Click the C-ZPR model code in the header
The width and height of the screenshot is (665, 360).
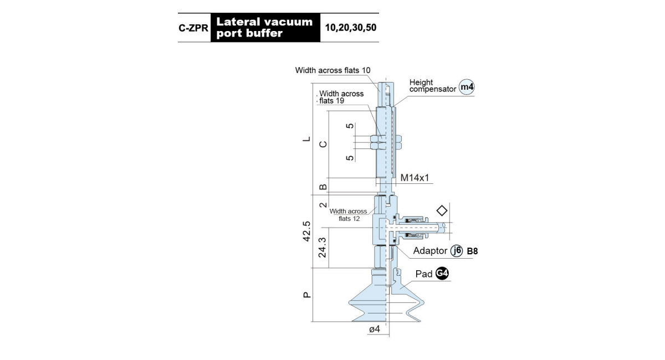tap(193, 28)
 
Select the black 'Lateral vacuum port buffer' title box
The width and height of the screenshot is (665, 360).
tap(265, 28)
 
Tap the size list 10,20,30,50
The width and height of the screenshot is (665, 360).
tap(351, 28)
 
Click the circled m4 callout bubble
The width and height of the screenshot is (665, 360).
tap(467, 87)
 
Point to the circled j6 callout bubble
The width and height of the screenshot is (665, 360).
tap(457, 251)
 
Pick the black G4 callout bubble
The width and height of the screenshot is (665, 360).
tap(442, 274)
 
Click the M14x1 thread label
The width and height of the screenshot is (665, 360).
tap(415, 178)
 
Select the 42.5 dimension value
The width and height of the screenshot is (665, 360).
tap(306, 231)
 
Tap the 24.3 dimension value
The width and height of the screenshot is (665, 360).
tap(322, 247)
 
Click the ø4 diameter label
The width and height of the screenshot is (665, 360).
tap(375, 329)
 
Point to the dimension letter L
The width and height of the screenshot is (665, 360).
tap(306, 139)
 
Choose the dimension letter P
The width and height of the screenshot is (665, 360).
tap(306, 295)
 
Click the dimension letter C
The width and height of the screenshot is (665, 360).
tap(323, 144)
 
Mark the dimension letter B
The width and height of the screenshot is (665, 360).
tap(323, 187)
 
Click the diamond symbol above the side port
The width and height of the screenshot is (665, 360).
tap(442, 210)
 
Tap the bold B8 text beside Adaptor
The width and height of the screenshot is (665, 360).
tap(472, 251)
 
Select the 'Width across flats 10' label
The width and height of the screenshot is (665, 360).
tap(333, 70)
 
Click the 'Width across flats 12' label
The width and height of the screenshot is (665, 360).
tap(349, 215)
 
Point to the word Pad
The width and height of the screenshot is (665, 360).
tap(423, 274)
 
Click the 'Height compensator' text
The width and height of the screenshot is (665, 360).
tap(433, 85)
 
